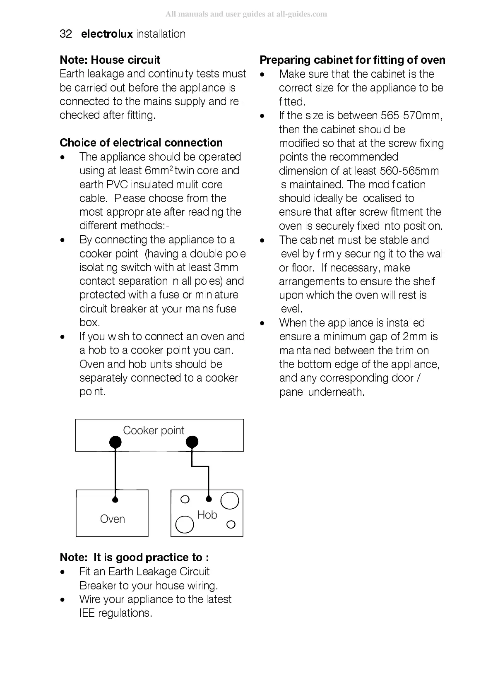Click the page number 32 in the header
coord(66,34)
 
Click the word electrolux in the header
coord(107,34)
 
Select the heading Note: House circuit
coord(110,60)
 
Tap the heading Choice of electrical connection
coord(141,143)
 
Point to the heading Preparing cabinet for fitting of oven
coord(352,60)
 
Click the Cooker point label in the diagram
coord(154,430)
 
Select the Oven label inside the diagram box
coord(112,519)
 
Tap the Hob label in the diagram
coord(207,515)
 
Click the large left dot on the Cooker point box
coord(115,442)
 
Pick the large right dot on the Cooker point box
coord(192,442)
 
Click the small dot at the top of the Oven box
coord(115,499)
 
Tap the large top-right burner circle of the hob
coord(230,500)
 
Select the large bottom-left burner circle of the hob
coord(185,525)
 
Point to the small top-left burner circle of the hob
coord(185,499)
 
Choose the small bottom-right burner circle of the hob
coord(231,524)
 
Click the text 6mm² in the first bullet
coord(159,171)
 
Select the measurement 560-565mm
coord(409,171)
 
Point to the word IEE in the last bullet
coord(87,613)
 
